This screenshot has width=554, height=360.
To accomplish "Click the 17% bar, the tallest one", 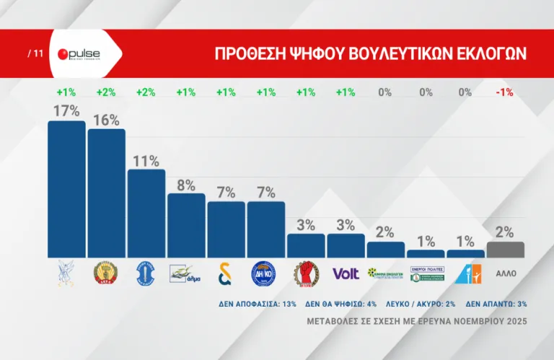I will (66, 189).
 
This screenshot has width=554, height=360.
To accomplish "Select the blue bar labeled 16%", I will (106, 193).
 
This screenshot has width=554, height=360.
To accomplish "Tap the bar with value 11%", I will (146, 213).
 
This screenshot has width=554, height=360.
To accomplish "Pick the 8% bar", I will (186, 225).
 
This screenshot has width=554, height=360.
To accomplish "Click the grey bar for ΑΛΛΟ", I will (505, 250).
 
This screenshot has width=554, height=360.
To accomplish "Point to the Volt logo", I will (346, 273).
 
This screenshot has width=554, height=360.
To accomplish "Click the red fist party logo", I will (306, 273).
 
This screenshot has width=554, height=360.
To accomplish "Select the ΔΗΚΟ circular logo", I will (265, 273).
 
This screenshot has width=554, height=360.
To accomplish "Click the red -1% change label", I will (505, 92).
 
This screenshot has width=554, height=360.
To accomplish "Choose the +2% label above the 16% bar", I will (106, 92).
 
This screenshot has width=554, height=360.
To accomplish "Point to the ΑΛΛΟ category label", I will (505, 274).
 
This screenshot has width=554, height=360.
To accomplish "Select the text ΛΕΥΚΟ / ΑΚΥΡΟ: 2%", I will (418, 304).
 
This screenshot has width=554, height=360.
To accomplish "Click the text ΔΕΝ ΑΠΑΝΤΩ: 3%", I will (497, 304).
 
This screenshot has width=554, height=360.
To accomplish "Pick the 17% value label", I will (66, 112).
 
